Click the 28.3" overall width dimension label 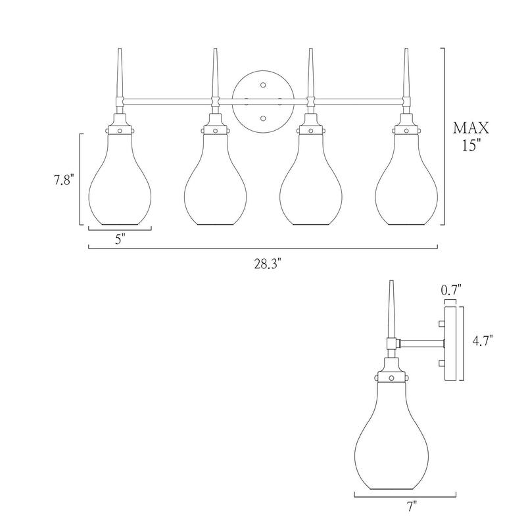(267, 264)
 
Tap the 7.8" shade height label (64, 180)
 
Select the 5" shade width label (120, 239)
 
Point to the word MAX (471, 128)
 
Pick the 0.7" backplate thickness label (451, 289)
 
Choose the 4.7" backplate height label (483, 341)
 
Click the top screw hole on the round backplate (263, 85)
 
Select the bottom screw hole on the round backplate (263, 118)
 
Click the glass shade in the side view (391, 435)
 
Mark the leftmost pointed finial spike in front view (120, 73)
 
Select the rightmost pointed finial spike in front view (406, 73)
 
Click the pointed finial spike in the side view (391, 309)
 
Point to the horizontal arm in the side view (421, 343)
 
